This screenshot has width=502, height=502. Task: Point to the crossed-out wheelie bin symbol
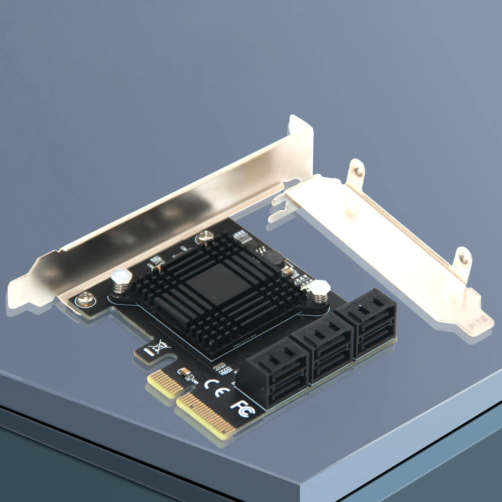tap(160, 346)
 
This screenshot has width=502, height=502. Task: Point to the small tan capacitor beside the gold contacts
tap(185, 373)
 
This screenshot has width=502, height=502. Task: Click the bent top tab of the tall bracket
tap(301, 129)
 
